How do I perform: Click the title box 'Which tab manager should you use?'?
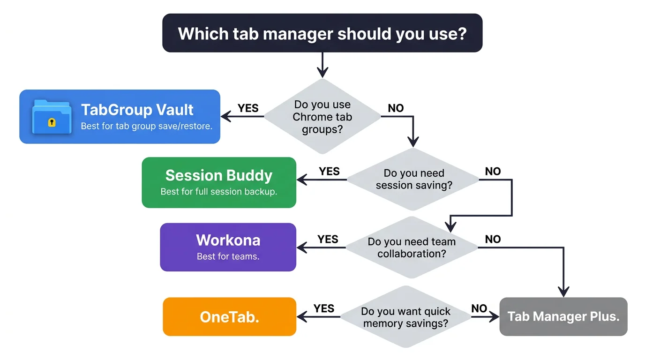click(322, 33)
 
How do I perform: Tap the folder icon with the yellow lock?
click(52, 117)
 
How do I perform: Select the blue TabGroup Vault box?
click(141, 116)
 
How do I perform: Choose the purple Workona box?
click(228, 247)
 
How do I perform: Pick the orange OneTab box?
click(229, 317)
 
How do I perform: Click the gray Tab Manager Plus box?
click(563, 316)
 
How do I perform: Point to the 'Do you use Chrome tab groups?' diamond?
click(322, 117)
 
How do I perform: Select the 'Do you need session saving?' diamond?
click(413, 180)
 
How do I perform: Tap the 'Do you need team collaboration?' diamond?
click(412, 247)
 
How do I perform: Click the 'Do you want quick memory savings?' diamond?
click(405, 317)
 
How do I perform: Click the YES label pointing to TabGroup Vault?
click(248, 108)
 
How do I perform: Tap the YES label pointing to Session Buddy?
click(329, 172)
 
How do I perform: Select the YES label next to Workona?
click(328, 240)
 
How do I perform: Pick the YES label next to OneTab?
click(324, 308)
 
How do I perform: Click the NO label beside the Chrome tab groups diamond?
click(396, 108)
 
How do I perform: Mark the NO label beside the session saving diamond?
click(493, 172)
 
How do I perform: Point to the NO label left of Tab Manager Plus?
click(479, 308)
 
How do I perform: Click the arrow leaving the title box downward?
click(322, 64)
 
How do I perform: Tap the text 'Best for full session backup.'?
click(219, 192)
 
